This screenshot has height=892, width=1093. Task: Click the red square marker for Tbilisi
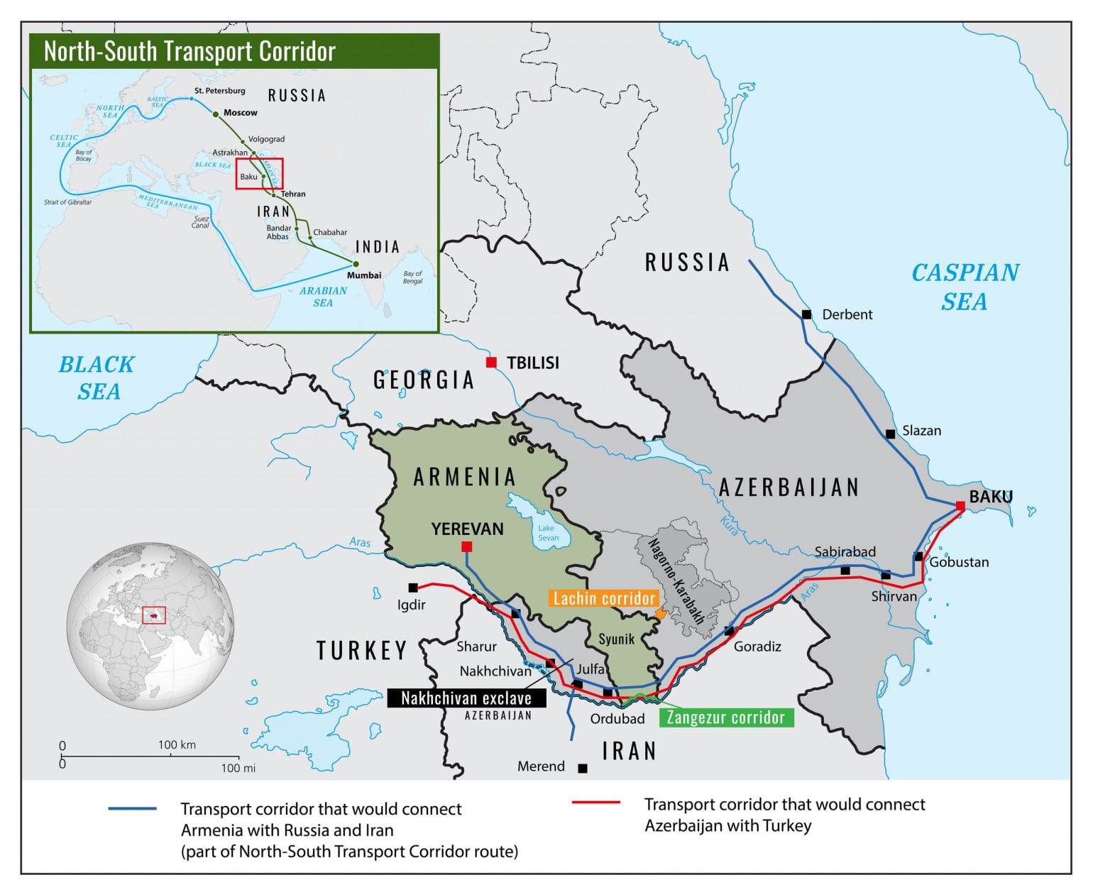[491, 363]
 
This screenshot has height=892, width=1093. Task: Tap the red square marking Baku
[960, 506]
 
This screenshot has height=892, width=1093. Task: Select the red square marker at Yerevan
[466, 546]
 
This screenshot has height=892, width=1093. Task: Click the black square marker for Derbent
[806, 314]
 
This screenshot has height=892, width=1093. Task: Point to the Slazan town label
[921, 431]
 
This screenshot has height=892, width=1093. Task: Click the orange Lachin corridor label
[603, 598]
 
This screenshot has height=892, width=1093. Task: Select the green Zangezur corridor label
[725, 717]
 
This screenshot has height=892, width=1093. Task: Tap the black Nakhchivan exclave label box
[466, 698]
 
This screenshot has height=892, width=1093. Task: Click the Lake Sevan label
[548, 533]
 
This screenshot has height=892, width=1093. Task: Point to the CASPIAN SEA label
[965, 287]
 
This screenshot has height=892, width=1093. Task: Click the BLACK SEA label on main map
[97, 378]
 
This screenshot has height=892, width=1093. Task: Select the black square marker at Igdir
[413, 588]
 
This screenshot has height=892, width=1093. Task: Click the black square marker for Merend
[583, 769]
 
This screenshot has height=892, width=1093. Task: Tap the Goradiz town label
[757, 646]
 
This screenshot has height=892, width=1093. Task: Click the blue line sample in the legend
[133, 809]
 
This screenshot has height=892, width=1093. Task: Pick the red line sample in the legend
[596, 803]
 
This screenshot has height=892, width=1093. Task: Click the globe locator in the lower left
[150, 627]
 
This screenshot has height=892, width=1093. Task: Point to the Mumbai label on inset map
[364, 275]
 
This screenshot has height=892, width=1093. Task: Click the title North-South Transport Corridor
[190, 52]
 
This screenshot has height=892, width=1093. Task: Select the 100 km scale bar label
[177, 744]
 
